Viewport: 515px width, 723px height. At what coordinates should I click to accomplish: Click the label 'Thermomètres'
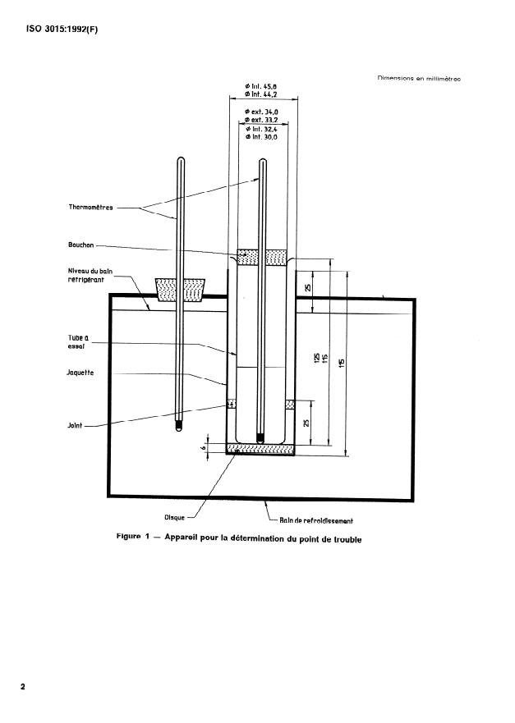(90, 208)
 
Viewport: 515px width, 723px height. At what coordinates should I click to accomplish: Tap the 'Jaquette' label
(81, 373)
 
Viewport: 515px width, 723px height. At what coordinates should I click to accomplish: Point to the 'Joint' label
(76, 425)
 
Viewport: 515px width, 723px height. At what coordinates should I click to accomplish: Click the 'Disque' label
(175, 517)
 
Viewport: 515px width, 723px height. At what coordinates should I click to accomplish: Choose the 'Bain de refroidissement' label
(316, 519)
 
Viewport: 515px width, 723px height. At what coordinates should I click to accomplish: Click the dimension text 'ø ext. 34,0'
(262, 111)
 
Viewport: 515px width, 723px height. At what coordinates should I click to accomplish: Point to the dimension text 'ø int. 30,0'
(262, 137)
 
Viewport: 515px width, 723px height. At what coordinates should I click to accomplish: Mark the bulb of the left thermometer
(181, 427)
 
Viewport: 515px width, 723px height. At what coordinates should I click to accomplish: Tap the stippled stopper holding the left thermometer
(181, 289)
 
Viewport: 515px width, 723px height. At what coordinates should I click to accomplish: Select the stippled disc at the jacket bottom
(262, 449)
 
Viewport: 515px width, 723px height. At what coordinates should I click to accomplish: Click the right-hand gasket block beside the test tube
(290, 405)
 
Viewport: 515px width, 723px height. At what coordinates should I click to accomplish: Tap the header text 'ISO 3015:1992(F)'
(55, 32)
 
